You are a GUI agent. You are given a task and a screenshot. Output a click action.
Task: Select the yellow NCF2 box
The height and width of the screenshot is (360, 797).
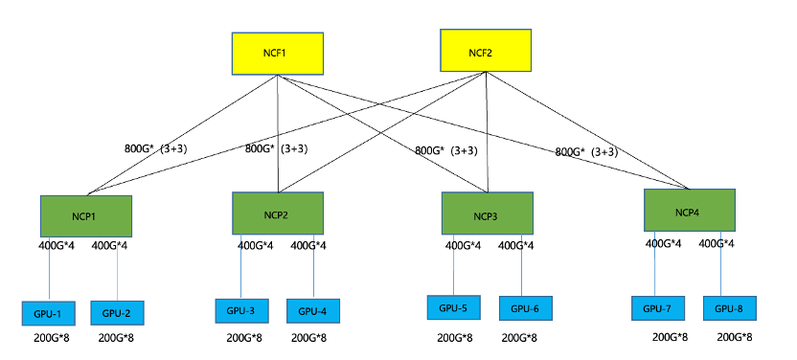485,50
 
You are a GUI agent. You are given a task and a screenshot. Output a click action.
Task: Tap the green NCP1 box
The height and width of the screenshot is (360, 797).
85,215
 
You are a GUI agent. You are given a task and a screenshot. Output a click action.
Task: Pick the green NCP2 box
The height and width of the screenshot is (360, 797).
278,213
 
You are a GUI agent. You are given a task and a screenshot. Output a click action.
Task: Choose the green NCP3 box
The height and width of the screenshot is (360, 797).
487,214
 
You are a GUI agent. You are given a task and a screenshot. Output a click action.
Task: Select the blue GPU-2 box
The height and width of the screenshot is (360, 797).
117,313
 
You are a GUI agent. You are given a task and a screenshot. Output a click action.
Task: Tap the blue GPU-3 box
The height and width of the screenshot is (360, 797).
241,311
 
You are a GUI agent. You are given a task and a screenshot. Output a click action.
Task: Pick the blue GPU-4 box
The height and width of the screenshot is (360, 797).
312,311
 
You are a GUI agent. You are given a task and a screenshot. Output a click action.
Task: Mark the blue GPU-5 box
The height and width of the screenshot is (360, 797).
454,308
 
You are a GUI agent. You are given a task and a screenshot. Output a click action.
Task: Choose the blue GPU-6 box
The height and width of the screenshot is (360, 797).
525,308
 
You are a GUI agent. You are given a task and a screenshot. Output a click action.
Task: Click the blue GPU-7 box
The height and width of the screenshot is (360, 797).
658,308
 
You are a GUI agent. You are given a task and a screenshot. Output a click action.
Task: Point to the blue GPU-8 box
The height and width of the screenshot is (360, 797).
729,308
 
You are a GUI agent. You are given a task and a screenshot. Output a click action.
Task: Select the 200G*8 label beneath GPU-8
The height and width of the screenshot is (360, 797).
735,337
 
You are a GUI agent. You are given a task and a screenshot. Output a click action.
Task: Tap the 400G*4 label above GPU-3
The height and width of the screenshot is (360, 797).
256,246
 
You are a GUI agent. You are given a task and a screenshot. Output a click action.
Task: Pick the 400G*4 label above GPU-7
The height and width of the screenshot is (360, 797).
664,243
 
